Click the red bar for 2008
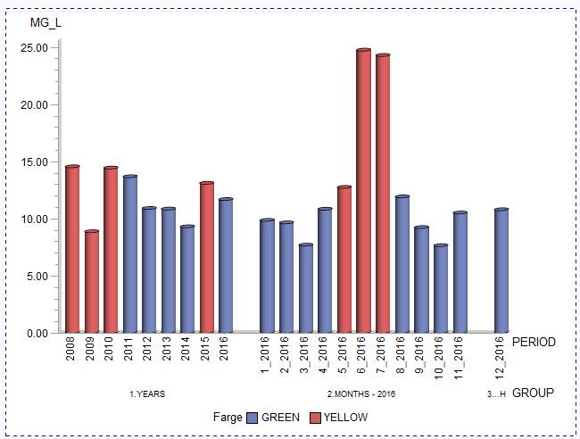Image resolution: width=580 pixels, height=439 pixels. tap(72, 250)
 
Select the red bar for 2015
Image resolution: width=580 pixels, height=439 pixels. tap(207, 258)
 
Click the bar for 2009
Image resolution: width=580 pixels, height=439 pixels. tap(92, 282)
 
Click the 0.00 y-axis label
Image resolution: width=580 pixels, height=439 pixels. tap(37, 333)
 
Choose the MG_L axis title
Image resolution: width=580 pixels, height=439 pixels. tap(46, 22)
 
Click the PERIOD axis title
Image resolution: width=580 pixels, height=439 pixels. tap(534, 342)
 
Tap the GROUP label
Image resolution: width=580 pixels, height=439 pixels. tap(534, 393)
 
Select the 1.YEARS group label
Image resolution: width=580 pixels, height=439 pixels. tap(147, 393)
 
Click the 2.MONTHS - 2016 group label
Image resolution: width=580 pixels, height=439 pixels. tap(360, 393)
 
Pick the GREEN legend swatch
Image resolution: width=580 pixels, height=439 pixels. tap(253, 418)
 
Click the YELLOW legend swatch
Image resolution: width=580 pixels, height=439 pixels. tap(315, 418)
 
